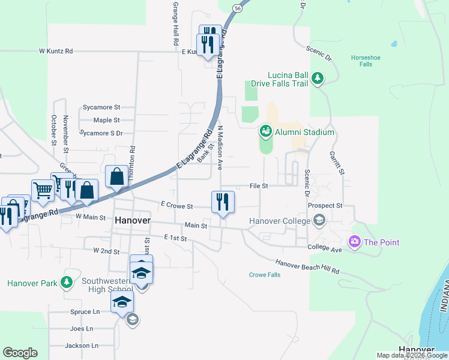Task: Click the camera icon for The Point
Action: [x=355, y=242]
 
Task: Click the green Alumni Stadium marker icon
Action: [x=265, y=130]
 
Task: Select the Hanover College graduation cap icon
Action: [x=319, y=221]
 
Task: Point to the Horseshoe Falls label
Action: [x=366, y=61]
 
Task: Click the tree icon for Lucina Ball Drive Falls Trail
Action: [x=318, y=79]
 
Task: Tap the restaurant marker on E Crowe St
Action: [x=223, y=202]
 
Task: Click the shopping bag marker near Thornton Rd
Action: [x=117, y=176]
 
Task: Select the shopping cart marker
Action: [x=43, y=191]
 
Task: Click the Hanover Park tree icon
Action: [x=67, y=281]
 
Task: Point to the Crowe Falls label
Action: [x=265, y=275]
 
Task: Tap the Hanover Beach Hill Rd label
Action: [x=307, y=267]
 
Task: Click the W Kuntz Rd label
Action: [x=56, y=52]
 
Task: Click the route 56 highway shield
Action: [x=238, y=8]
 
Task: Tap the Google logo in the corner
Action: [x=20, y=352]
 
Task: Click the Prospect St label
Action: [x=324, y=205]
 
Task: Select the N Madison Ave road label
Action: [x=220, y=148]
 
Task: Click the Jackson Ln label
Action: [x=81, y=346]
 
